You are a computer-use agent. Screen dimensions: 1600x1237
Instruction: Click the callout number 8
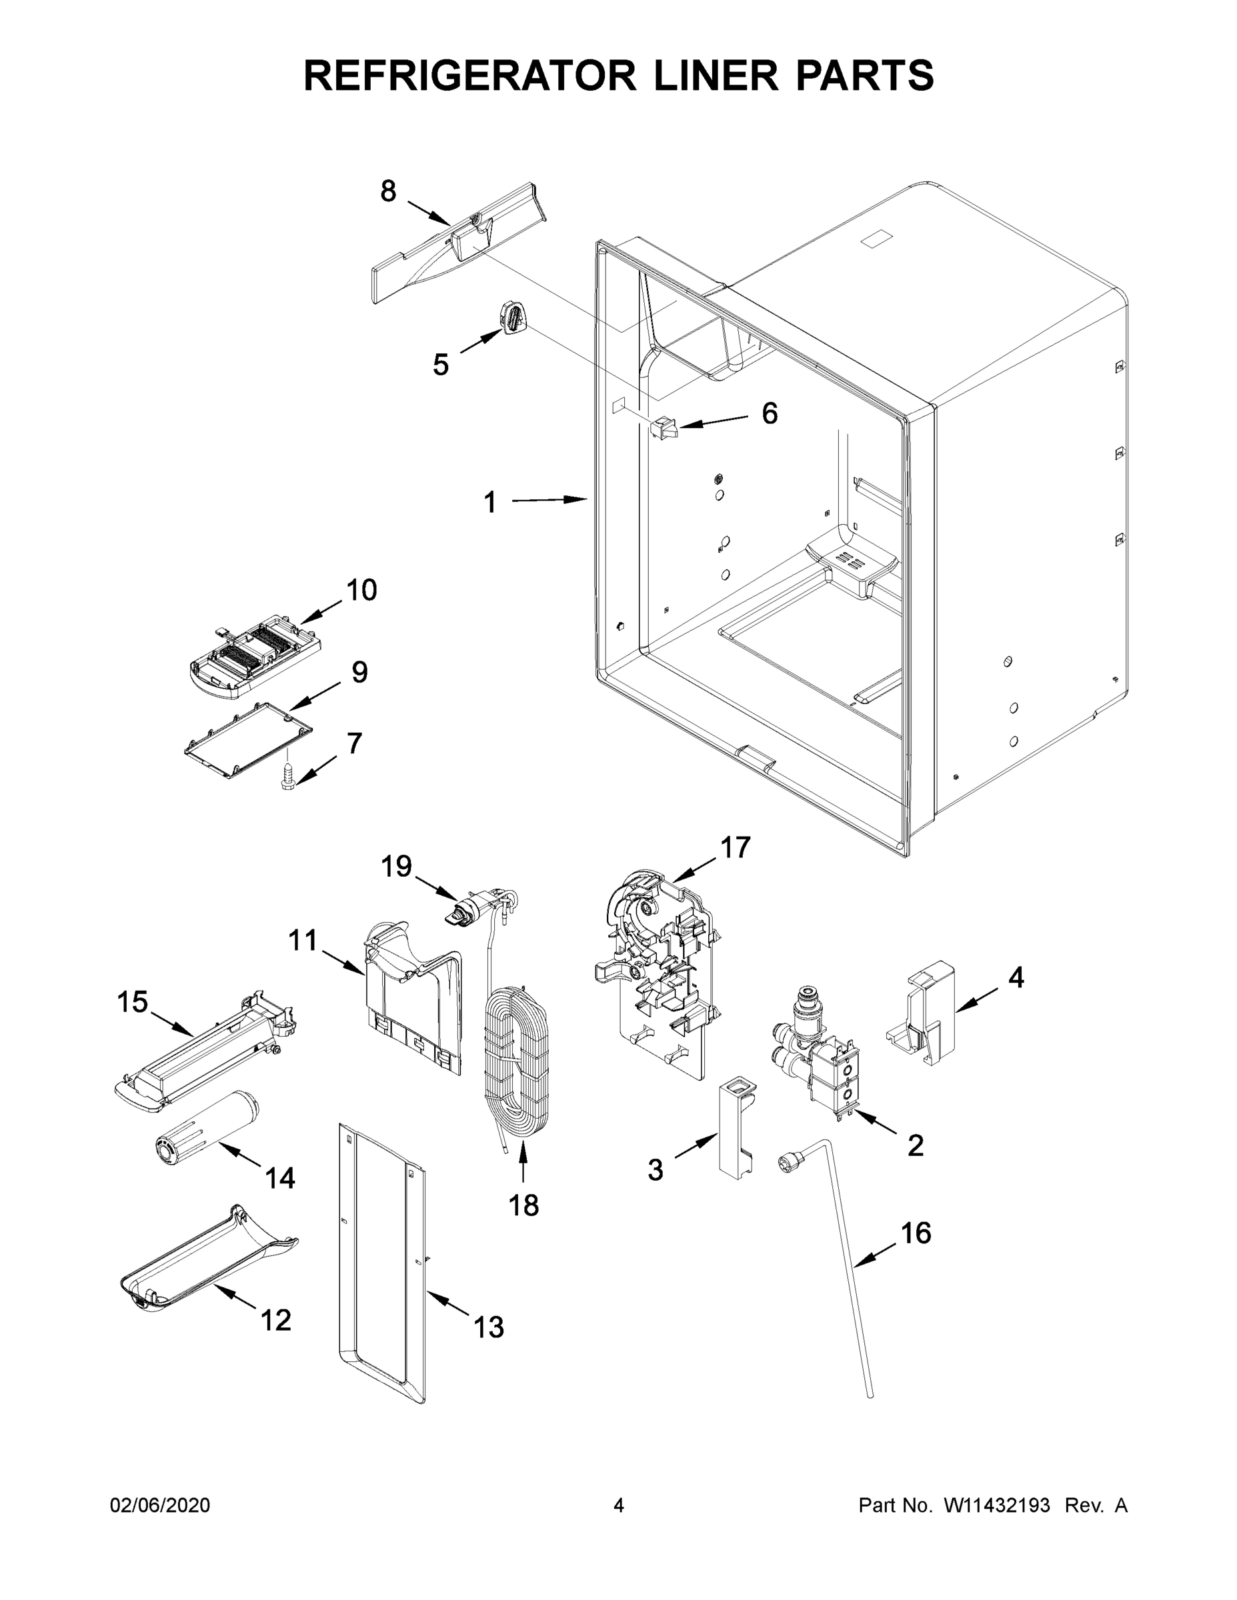(387, 191)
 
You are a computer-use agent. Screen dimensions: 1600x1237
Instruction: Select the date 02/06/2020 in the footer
(160, 1505)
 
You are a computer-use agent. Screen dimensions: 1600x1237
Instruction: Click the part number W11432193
(997, 1505)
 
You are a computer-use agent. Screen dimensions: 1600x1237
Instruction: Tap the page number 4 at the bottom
(619, 1505)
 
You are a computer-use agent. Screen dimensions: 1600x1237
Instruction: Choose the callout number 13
(489, 1327)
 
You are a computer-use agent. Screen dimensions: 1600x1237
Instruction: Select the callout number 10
(361, 590)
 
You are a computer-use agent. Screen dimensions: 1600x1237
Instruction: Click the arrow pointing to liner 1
(549, 499)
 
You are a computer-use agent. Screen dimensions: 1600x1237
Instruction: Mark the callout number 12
(276, 1320)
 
